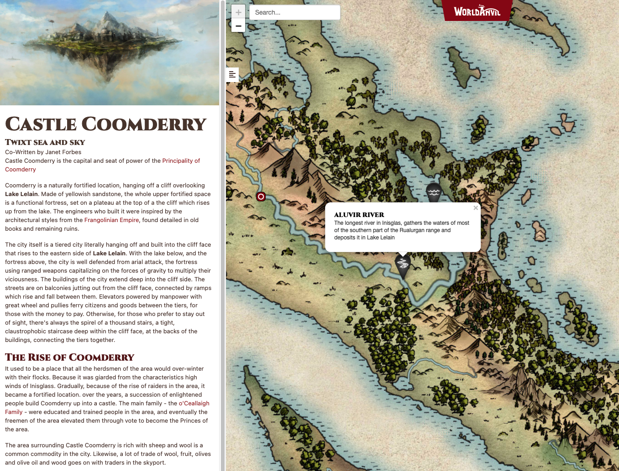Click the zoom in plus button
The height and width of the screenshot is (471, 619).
pos(238,12)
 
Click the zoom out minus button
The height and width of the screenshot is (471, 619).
pos(238,26)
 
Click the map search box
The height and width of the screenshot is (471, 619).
pos(294,12)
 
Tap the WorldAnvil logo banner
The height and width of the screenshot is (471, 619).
pos(477,11)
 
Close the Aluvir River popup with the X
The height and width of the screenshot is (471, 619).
pos(476,208)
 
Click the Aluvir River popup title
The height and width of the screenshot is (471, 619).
pos(359,215)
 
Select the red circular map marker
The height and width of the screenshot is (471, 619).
pos(261,197)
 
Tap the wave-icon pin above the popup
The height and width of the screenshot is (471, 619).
pos(434,192)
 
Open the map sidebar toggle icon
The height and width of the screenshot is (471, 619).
pos(232,74)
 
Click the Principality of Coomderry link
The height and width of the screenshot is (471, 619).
pos(181,161)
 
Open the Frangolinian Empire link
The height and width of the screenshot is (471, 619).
pos(111,220)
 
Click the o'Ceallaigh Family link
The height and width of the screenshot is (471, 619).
pos(194,404)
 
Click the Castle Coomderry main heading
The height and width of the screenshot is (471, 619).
pos(106,124)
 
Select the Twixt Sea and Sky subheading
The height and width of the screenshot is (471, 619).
pos(45,142)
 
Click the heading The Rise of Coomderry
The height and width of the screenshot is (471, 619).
pos(70,357)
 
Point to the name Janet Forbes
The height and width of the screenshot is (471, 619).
pos(63,152)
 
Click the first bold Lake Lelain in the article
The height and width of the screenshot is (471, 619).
pos(21,194)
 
